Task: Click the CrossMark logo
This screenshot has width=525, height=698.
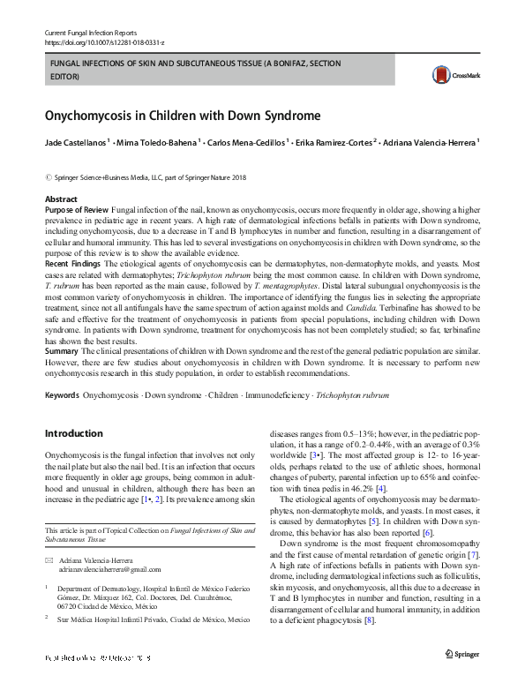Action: tap(448, 75)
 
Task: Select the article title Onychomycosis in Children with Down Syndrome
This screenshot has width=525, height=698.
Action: tap(183, 116)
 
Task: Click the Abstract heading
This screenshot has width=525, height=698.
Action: tap(61, 199)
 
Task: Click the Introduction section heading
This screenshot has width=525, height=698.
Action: tap(73, 434)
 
